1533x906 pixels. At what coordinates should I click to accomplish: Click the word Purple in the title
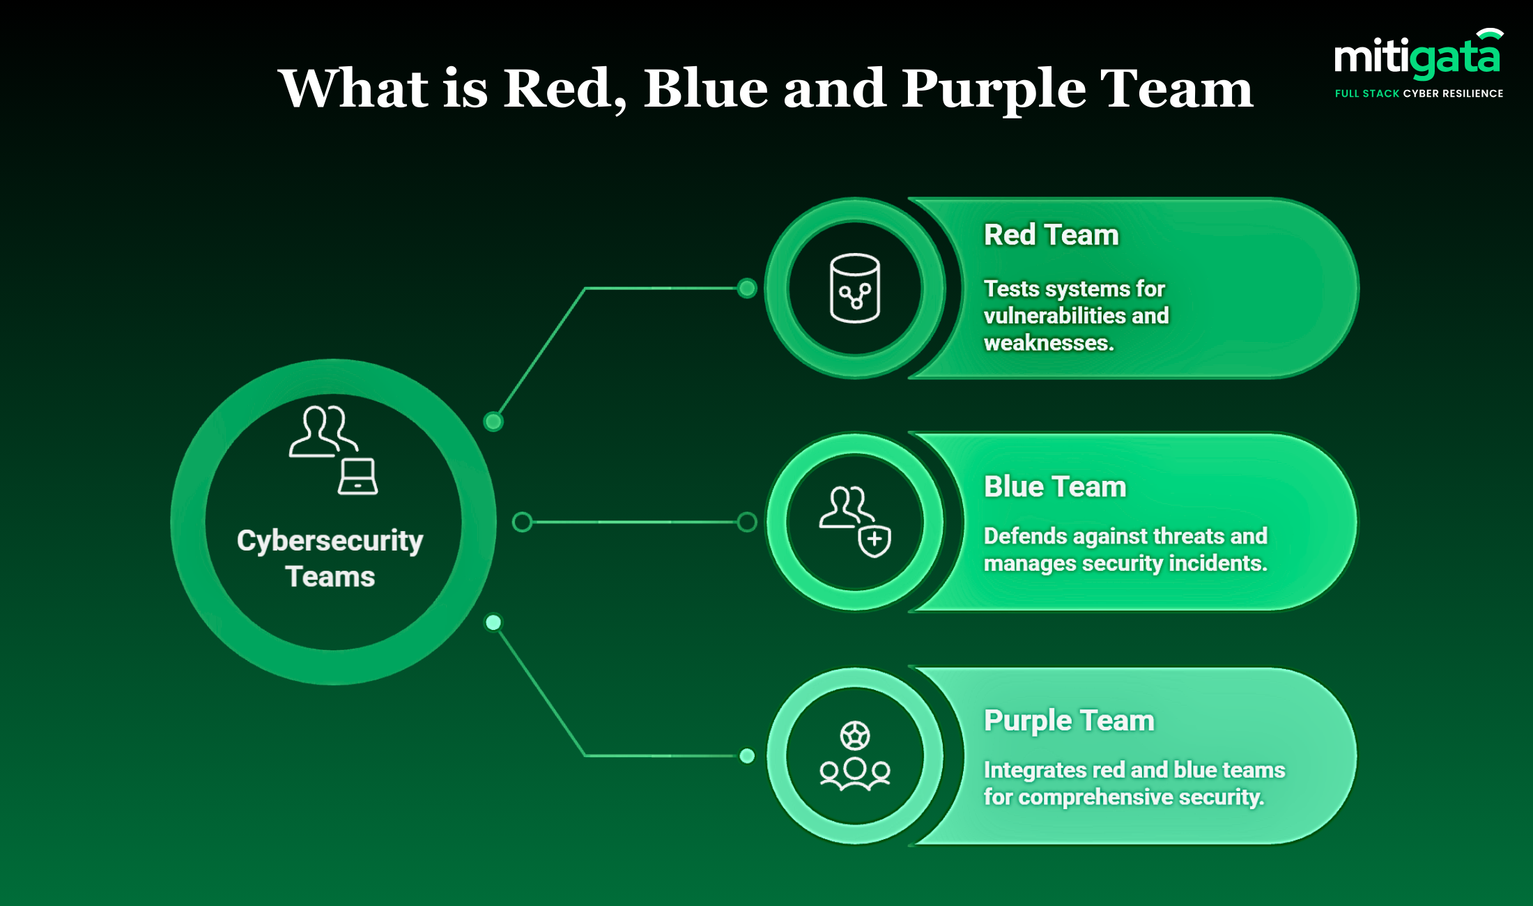click(993, 89)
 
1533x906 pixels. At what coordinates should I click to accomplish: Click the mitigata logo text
click(1417, 57)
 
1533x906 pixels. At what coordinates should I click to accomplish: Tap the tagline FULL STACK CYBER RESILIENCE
click(1419, 93)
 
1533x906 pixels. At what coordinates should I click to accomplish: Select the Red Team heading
click(1051, 235)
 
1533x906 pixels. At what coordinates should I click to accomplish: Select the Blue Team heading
click(1054, 486)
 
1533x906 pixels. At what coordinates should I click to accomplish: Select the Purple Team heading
click(1068, 720)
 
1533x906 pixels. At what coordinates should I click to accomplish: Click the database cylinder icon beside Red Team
click(855, 288)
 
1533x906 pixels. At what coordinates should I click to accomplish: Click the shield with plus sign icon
click(875, 540)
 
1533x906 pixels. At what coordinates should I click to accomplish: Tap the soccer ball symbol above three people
click(855, 735)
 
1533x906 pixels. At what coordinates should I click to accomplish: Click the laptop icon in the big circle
click(357, 477)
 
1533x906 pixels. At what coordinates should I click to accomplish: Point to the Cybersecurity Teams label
click(330, 558)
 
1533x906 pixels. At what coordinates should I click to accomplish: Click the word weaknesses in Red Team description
click(1048, 343)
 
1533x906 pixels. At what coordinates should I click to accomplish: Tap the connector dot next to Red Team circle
click(747, 288)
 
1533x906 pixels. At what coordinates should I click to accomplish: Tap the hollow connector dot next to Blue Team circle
click(747, 522)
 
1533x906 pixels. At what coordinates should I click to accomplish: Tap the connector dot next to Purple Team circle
click(747, 755)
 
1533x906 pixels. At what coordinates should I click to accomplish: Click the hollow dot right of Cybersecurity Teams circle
click(522, 522)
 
